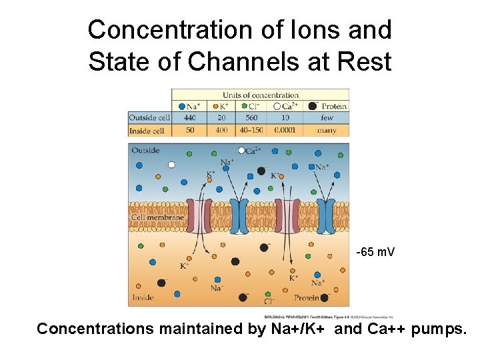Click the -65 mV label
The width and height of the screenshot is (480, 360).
coord(375,252)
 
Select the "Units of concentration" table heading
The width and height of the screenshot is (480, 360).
coord(260,95)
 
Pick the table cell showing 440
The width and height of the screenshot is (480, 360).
coord(189,118)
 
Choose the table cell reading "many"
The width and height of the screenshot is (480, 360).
coord(327,130)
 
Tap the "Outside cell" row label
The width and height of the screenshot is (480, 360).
coord(149,118)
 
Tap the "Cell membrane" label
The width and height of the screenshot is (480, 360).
coord(157,217)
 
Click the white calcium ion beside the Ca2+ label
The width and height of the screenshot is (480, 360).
coord(241,150)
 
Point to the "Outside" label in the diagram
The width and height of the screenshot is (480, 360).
coord(145,151)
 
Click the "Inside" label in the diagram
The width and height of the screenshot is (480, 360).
coord(143,297)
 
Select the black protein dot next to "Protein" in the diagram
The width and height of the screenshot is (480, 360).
coord(325,297)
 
